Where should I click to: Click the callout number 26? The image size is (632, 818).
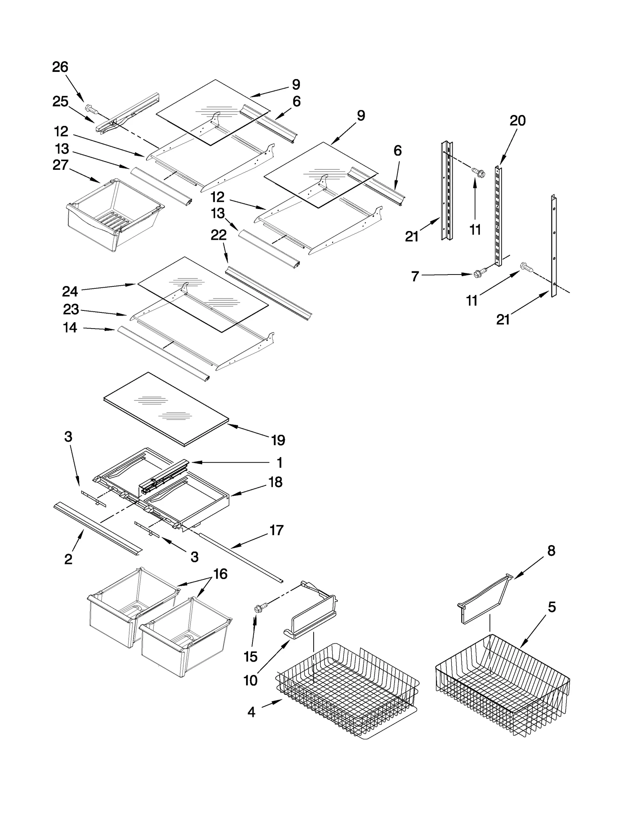(60, 67)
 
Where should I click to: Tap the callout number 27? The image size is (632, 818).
(60, 165)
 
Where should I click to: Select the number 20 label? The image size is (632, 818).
(517, 120)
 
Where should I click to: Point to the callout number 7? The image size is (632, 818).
(415, 276)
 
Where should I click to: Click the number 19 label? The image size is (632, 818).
(278, 440)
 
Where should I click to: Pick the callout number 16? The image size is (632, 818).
(220, 574)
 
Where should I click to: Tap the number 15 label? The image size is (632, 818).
(250, 656)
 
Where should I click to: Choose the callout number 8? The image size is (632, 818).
(551, 551)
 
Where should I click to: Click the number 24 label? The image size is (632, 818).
(70, 291)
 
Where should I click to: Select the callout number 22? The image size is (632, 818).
(218, 235)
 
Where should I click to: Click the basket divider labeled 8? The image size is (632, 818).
(484, 598)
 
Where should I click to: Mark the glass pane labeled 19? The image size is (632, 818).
(166, 409)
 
